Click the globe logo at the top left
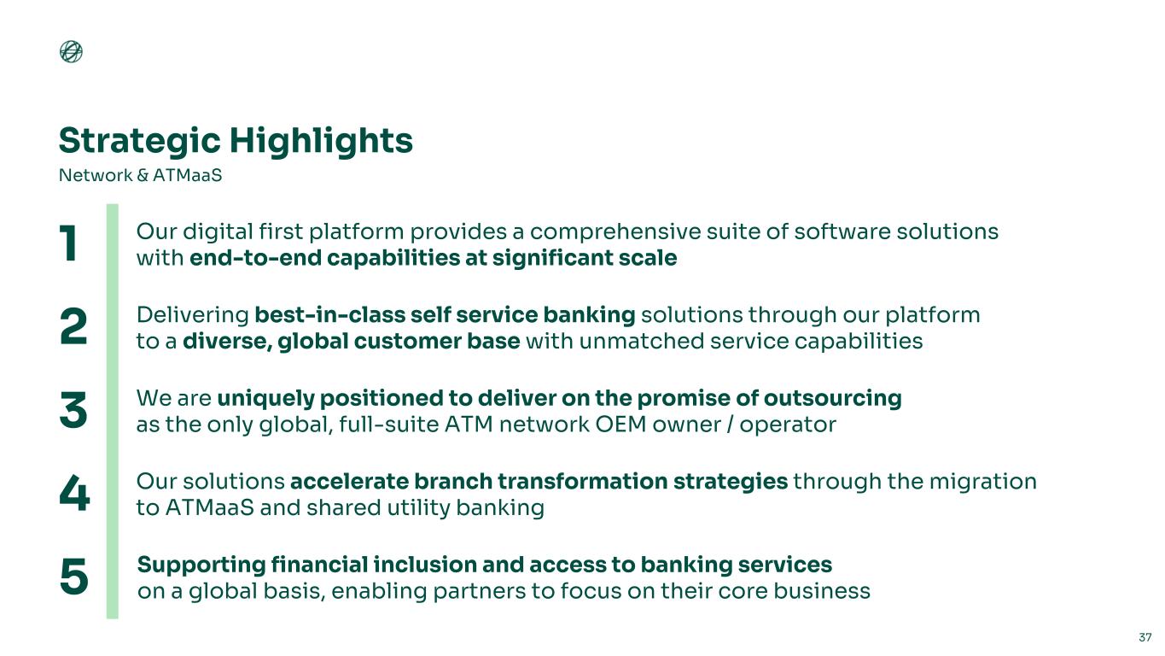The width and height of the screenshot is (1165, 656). [71, 51]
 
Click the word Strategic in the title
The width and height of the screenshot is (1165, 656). [140, 141]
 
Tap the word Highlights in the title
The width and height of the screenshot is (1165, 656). [322, 141]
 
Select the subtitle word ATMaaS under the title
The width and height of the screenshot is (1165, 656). [188, 175]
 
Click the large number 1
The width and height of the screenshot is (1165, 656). [68, 243]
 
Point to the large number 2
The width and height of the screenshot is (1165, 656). [73, 326]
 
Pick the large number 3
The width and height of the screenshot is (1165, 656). [73, 410]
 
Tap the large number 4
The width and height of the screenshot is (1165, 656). [74, 493]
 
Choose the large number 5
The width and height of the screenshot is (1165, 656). [74, 577]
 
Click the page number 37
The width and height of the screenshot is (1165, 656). [1145, 637]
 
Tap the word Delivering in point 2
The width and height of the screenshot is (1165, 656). [192, 315]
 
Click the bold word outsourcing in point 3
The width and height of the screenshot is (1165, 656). [832, 399]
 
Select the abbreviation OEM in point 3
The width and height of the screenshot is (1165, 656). [621, 425]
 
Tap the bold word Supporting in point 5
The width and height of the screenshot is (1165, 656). [201, 565]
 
